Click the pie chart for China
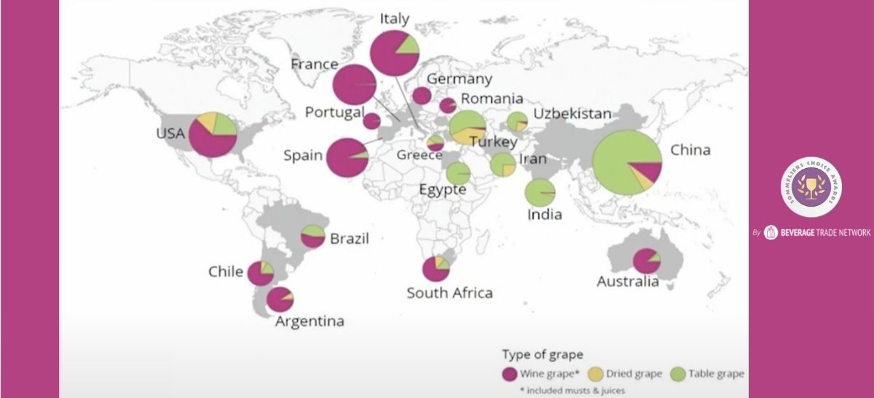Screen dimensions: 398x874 626,162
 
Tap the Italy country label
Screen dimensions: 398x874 394,19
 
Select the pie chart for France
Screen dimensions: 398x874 354,85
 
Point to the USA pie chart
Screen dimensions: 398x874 213,134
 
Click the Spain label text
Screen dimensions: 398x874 302,156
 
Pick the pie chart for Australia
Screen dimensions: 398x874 646,261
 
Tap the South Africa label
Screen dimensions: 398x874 449,293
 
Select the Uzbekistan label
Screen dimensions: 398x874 572,114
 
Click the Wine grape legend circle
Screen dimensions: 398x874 510,374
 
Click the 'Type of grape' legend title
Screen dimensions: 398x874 542,355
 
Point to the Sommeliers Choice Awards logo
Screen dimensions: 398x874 810,187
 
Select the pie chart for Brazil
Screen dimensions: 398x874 313,236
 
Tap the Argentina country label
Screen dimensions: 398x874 310,321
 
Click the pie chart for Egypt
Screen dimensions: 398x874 458,173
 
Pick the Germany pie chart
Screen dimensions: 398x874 422,95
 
